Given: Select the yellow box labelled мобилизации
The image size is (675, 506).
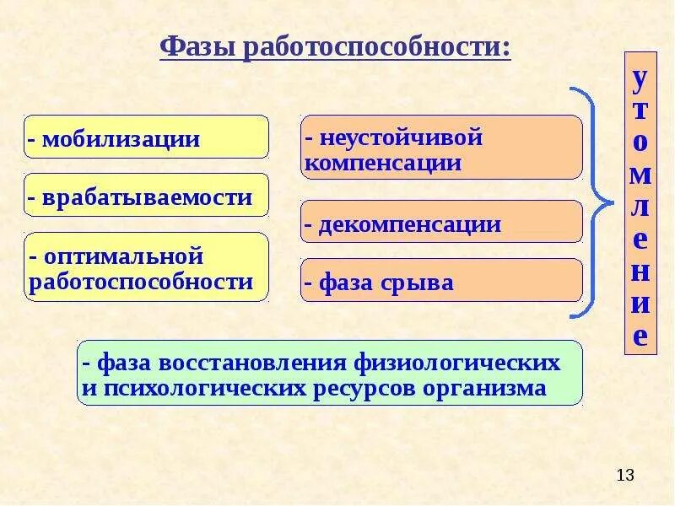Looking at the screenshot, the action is point(146,137).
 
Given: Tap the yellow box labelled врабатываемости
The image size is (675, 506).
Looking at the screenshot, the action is point(146,196).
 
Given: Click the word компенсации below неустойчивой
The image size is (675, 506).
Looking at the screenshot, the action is point(383,162).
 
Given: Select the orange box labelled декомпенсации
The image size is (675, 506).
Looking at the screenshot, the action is point(441,223).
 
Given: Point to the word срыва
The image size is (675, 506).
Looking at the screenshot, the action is point(415,283).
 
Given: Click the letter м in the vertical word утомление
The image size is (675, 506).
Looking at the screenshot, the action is point(640,175).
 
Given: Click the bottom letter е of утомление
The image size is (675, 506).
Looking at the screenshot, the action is point(640,336).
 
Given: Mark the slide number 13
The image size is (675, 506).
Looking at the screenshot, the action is point(624,476).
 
